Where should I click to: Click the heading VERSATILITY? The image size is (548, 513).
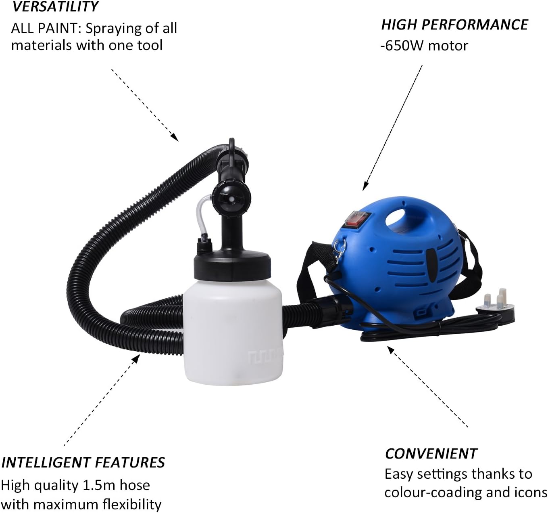click(x=55, y=7)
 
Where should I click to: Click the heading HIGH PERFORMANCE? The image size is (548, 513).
click(x=454, y=25)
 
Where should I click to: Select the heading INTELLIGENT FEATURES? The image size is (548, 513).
click(x=83, y=463)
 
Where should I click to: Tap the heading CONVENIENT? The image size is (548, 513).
click(x=431, y=454)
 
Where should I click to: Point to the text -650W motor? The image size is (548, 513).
click(x=424, y=46)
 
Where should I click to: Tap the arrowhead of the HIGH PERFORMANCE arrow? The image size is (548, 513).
click(x=365, y=188)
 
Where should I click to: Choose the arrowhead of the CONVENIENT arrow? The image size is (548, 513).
click(x=390, y=348)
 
